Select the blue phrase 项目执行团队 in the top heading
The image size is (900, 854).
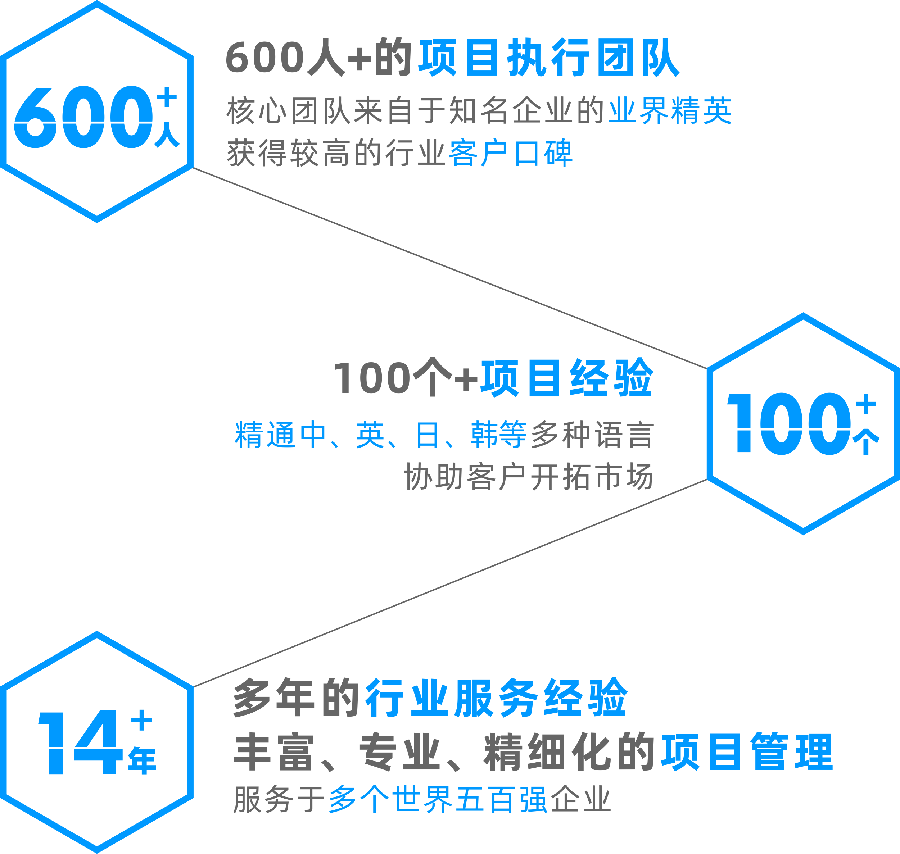point(549,58)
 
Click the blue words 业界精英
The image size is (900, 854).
point(670,111)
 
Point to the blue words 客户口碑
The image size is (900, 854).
point(510,153)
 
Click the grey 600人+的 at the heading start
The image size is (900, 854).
point(319,58)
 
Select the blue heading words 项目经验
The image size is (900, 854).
point(567,378)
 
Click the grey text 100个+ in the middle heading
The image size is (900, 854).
point(405,378)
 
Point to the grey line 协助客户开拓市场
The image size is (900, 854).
point(528,477)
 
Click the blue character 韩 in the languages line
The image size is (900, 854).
point(484,435)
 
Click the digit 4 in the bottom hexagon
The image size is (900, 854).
point(98,742)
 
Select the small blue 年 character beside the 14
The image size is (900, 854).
point(142,760)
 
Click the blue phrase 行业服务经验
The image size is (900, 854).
point(497,698)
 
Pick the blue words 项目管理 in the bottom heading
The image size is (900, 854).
point(747,752)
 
